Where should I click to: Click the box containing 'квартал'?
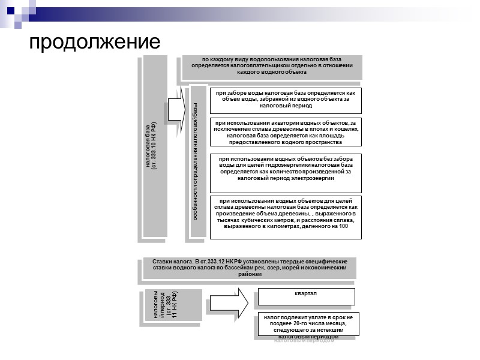point(306,296)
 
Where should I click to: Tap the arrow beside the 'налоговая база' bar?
point(175,109)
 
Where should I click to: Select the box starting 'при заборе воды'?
point(285,99)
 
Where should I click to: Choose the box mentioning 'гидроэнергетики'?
point(285,168)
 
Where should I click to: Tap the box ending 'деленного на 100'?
point(285,217)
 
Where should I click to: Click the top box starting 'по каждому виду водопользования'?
point(272,65)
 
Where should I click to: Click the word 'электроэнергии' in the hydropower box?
point(311,178)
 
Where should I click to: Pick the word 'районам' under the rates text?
point(250,274)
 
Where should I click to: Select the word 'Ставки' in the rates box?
point(163,262)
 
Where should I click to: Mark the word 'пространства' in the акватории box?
point(323,142)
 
